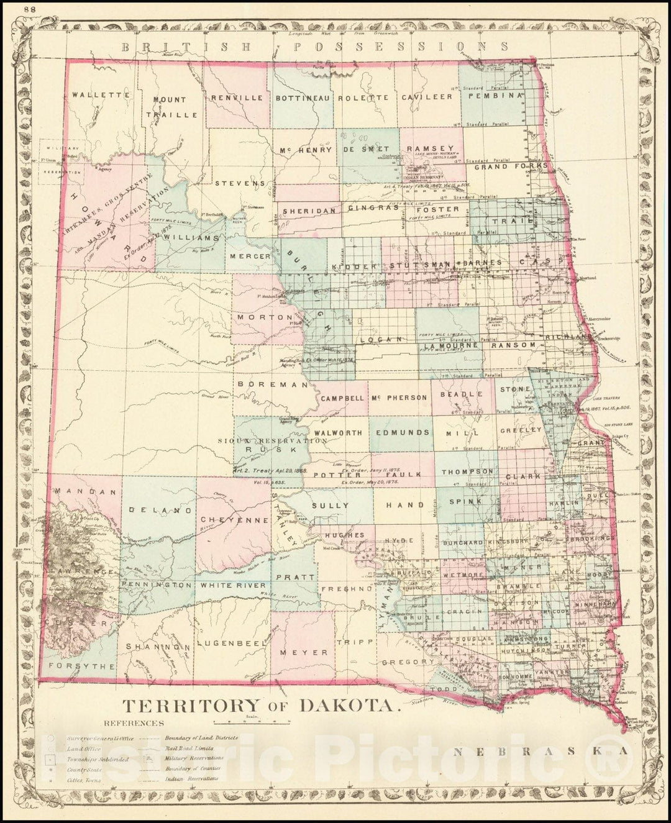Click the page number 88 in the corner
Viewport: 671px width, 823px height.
(29, 9)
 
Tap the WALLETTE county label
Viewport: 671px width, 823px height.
(100, 96)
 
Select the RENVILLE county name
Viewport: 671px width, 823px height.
(238, 98)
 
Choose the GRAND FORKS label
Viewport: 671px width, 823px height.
(511, 166)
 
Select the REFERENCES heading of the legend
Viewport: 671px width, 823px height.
(135, 723)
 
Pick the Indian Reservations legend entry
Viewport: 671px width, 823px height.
(192, 778)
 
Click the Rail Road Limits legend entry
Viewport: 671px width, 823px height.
(189, 748)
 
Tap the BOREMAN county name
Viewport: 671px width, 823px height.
(272, 384)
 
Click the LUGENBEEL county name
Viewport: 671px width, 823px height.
(231, 644)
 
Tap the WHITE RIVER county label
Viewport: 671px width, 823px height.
(232, 585)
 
